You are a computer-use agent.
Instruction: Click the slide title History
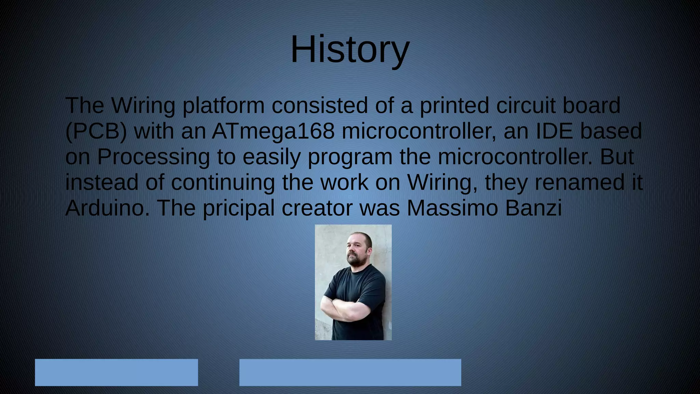(x=350, y=50)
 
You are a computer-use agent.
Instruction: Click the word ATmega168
(x=273, y=131)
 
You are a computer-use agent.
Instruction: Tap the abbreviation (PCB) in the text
(x=96, y=132)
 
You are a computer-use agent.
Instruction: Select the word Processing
(x=153, y=157)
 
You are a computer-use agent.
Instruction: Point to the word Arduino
(x=107, y=208)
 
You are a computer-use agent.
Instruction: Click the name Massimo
(x=452, y=208)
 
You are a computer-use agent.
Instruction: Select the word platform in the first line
(x=223, y=106)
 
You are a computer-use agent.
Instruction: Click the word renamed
(x=578, y=182)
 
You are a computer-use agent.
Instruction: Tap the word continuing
(x=223, y=183)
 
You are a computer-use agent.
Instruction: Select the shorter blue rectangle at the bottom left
(x=116, y=372)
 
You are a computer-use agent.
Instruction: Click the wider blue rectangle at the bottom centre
(x=350, y=372)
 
